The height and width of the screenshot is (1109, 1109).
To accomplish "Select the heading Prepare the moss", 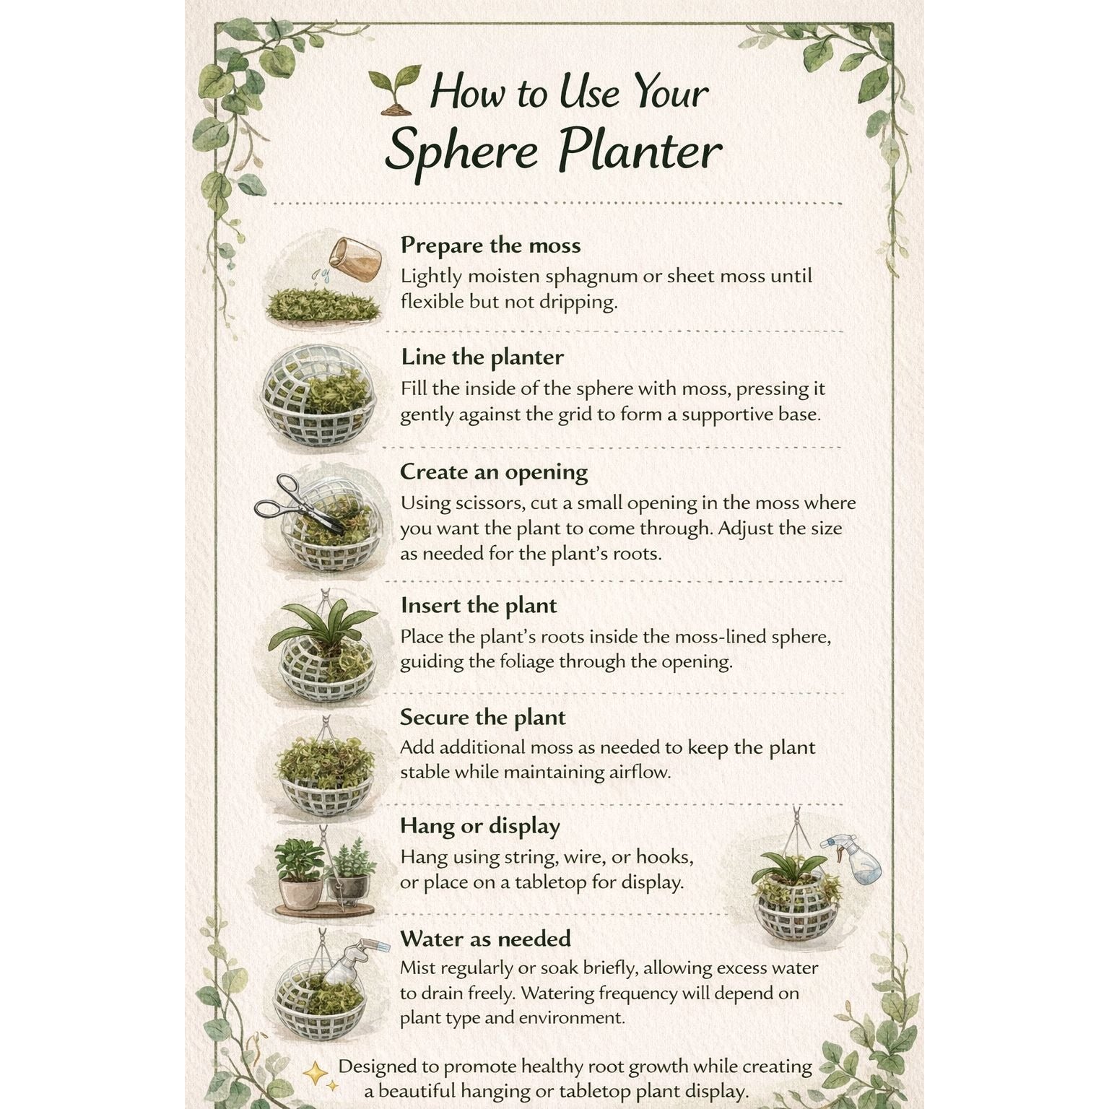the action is point(491,245).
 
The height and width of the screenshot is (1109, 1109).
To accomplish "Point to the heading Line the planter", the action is point(482,357).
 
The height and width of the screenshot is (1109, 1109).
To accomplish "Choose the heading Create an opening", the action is point(494,472).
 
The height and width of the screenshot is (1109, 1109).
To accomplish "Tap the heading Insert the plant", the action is point(479,605).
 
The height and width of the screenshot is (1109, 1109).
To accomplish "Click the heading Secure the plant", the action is point(483,717).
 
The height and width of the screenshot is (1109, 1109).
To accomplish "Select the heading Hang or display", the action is point(480,826).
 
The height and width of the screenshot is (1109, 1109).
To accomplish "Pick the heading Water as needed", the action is point(485,939).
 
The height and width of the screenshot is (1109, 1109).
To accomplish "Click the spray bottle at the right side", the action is point(856,858).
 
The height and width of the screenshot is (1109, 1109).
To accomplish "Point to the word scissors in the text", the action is point(492,503).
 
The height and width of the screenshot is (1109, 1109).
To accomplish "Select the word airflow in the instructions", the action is point(640,772).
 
